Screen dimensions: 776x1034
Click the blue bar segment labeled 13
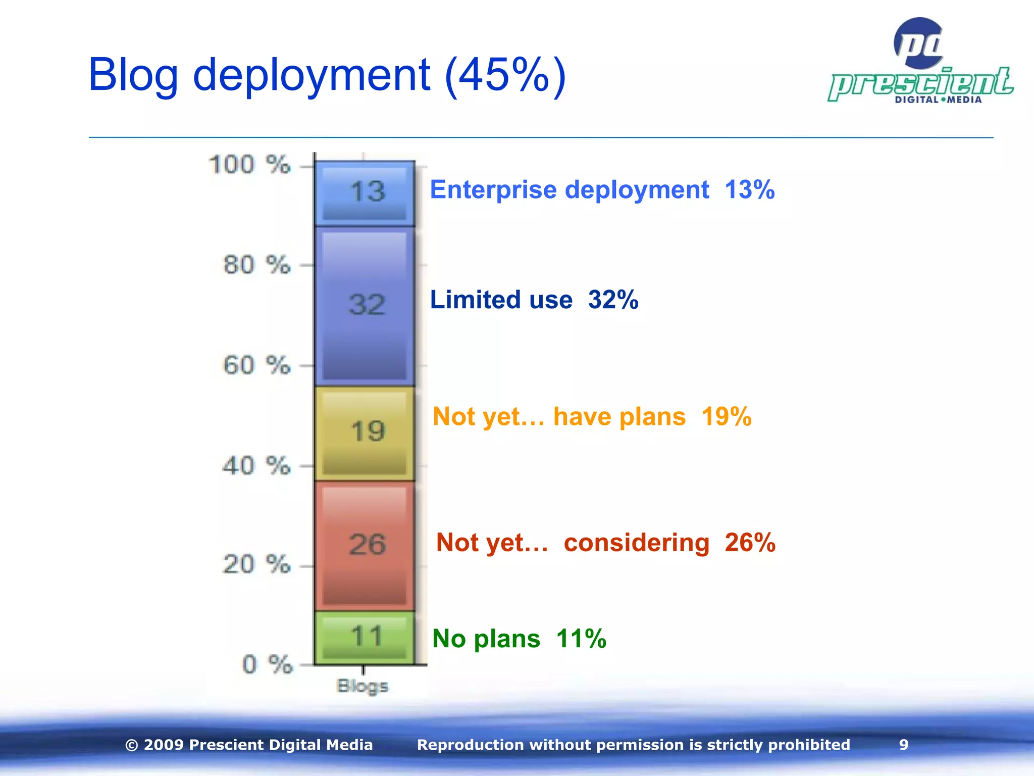click(x=365, y=193)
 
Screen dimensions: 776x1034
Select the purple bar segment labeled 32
click(x=365, y=306)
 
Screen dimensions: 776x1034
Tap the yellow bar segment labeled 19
click(x=365, y=433)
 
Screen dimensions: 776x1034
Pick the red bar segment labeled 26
click(x=365, y=546)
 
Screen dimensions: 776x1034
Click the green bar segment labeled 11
click(x=365, y=638)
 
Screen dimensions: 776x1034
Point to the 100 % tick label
click(x=249, y=165)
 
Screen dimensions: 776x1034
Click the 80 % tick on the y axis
click(x=256, y=265)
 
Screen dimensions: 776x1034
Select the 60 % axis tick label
click(x=256, y=365)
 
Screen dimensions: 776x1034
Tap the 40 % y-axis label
click(x=256, y=465)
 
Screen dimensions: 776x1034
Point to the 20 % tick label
click(x=256, y=564)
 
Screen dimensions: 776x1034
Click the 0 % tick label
click(x=267, y=664)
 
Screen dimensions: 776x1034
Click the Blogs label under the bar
click(x=363, y=686)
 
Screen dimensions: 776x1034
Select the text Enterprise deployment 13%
click(x=602, y=190)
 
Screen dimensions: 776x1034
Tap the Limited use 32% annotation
click(x=534, y=300)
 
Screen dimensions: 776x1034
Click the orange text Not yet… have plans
click(x=559, y=417)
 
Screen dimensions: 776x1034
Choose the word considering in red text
click(x=636, y=543)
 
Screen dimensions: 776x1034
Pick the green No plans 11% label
click(x=519, y=639)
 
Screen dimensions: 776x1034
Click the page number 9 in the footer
click(x=904, y=745)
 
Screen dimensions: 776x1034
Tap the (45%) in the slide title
click(x=505, y=75)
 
